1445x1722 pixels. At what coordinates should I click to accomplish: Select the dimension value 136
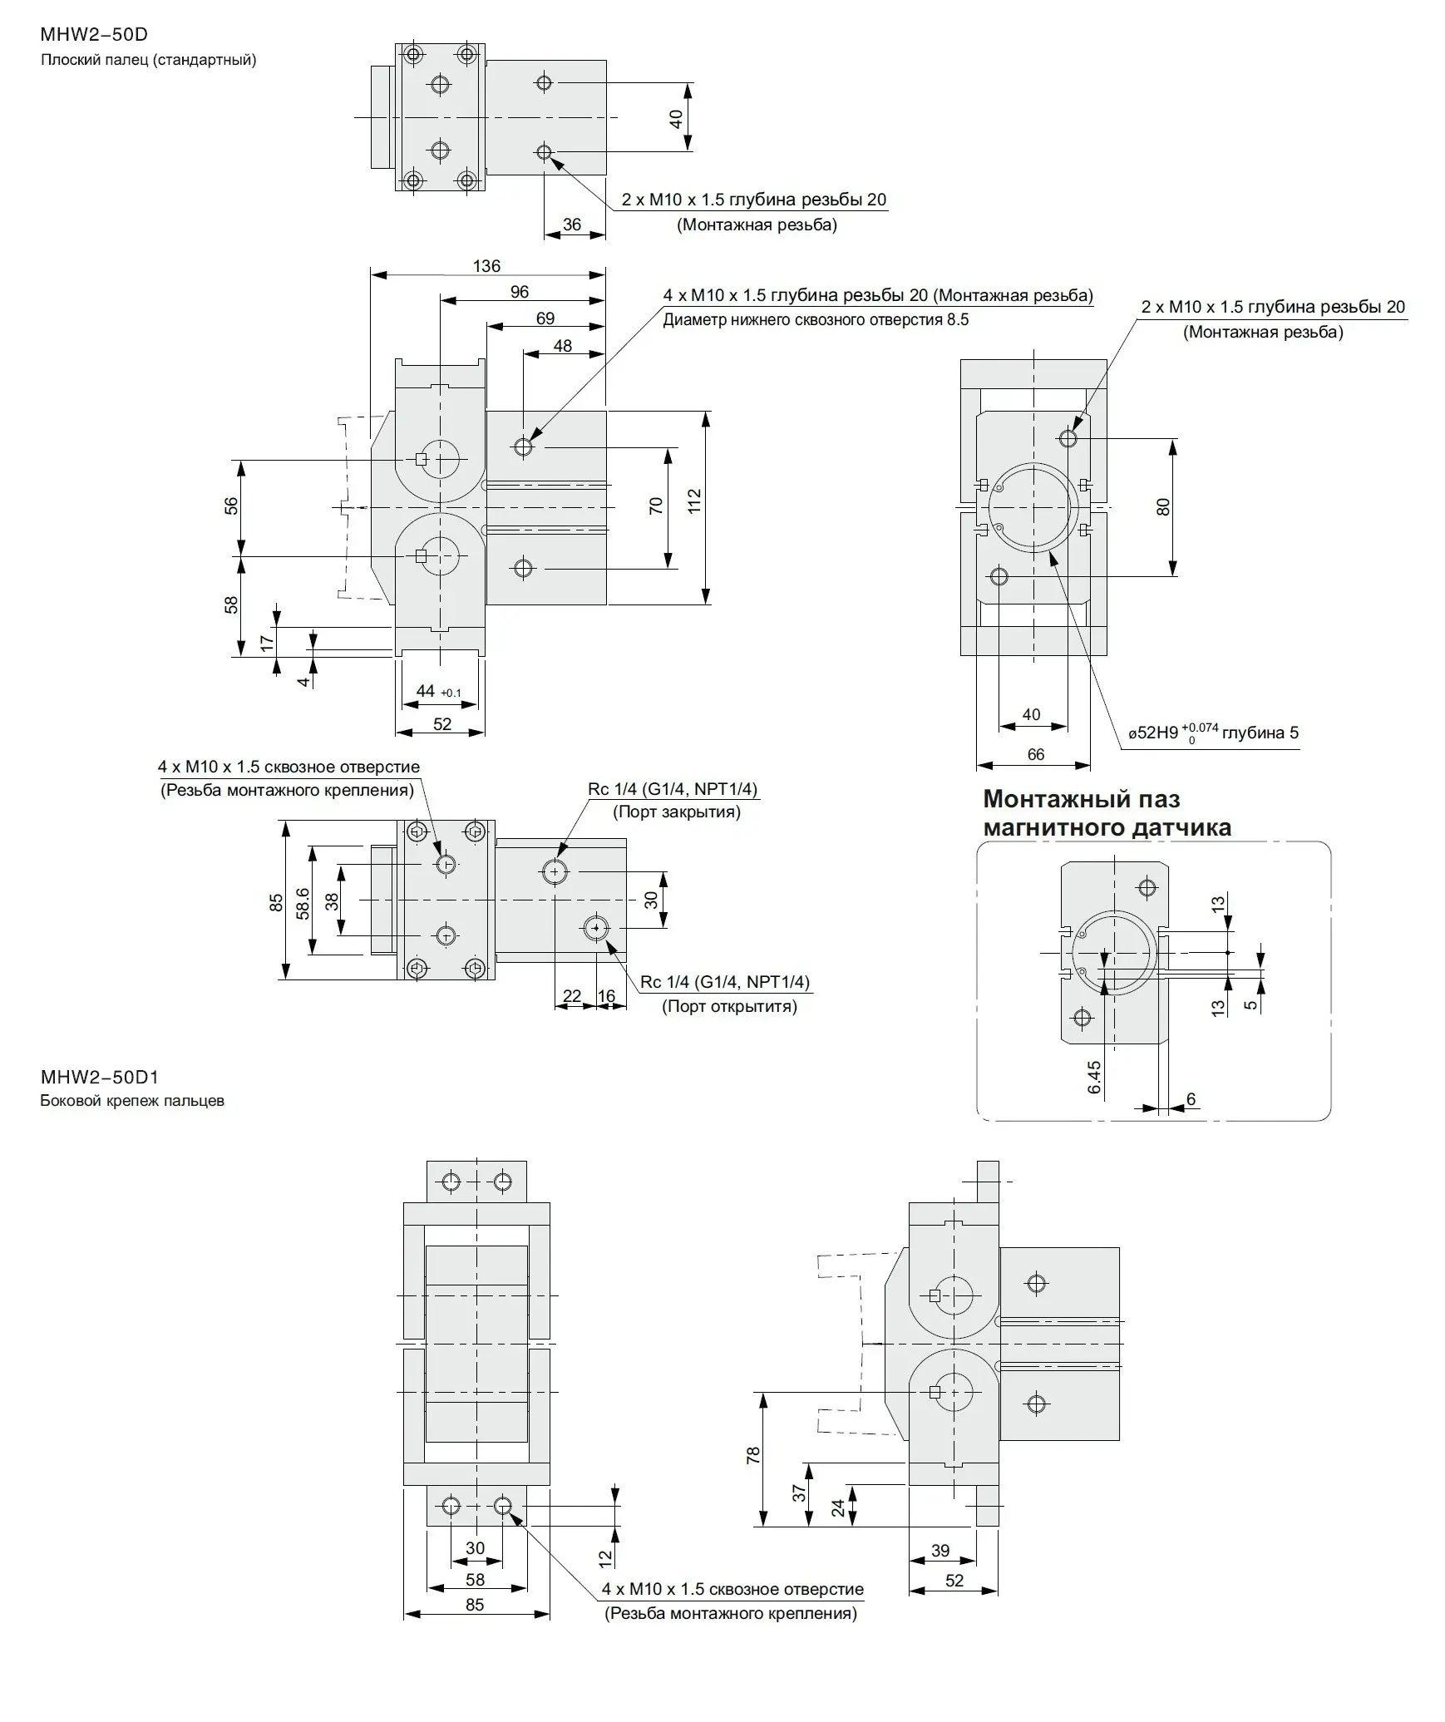click(x=486, y=266)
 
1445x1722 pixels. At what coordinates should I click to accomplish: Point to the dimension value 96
click(x=519, y=292)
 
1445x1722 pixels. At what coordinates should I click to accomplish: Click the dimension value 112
click(x=694, y=501)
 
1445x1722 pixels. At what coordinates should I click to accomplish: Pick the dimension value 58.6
click(x=303, y=904)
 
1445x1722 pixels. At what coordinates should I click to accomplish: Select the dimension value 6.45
click(x=1094, y=1078)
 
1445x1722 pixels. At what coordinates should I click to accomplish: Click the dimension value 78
click(x=752, y=1455)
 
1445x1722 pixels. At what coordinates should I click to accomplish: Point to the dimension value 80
click(x=1162, y=506)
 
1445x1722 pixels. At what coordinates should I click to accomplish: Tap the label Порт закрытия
click(x=676, y=812)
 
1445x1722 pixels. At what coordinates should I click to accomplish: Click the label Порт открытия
click(x=729, y=1007)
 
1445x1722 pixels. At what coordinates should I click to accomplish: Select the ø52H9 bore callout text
click(x=1213, y=733)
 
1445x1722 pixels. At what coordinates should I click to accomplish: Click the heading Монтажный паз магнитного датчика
click(x=1106, y=813)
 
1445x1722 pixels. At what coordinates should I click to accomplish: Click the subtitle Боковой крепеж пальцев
click(x=132, y=1101)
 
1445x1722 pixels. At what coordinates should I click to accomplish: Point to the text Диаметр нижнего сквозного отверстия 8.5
click(x=815, y=320)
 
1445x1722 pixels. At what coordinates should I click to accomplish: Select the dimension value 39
click(x=939, y=1550)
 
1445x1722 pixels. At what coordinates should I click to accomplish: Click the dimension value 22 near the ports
click(x=572, y=996)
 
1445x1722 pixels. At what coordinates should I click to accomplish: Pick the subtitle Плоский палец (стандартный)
click(x=148, y=60)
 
